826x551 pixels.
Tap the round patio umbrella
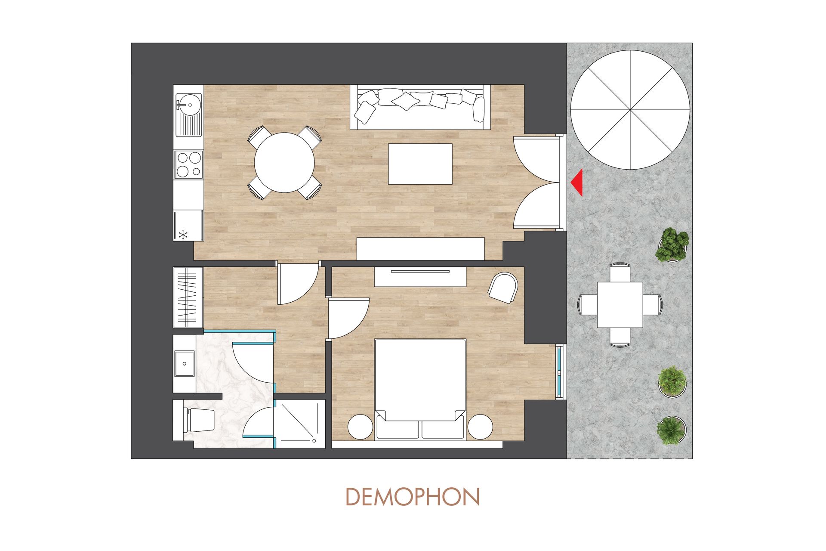[630, 110]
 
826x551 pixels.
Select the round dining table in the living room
[284, 163]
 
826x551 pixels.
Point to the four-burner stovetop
[188, 164]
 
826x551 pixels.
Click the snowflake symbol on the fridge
[184, 235]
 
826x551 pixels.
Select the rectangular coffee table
[420, 164]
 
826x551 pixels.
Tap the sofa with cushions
[420, 107]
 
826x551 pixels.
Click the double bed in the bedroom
[420, 389]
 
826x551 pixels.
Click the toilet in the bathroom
[198, 421]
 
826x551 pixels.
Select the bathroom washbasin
[185, 364]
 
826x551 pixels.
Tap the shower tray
[300, 424]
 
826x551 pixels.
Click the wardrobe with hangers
[188, 297]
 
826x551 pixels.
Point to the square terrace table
[620, 305]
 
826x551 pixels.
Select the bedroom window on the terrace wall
[560, 372]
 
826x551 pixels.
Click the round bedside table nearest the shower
[360, 427]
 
